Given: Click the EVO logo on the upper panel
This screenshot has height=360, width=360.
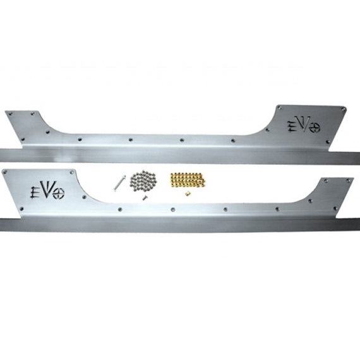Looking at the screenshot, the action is click(304, 125).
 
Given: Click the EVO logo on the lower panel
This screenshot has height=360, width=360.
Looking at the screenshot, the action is click(47, 190).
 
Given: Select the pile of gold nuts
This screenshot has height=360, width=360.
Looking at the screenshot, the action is click(188, 179).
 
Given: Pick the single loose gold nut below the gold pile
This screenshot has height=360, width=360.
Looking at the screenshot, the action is click(188, 193).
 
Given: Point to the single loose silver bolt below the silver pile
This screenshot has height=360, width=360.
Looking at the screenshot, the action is click(145, 197).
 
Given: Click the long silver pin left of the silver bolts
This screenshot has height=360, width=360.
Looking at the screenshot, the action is click(119, 183).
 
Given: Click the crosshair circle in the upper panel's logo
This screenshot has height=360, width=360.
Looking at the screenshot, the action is click(315, 128).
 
